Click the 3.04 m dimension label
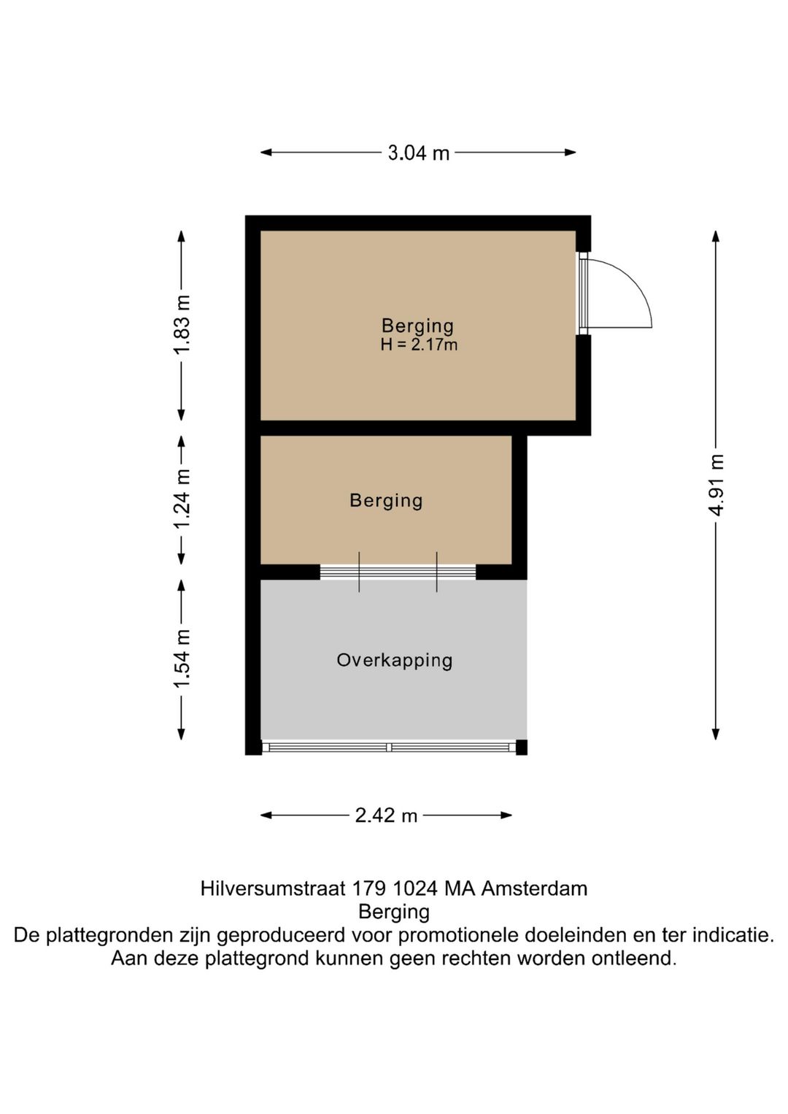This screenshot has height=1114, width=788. point(418,153)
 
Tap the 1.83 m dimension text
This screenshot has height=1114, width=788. point(182,325)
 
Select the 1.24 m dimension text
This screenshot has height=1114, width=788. point(182,500)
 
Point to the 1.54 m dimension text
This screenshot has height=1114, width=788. point(182,658)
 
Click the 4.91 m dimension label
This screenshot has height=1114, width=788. point(716,485)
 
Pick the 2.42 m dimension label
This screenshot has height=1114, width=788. point(386,815)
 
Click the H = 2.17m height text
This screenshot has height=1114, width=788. point(419,345)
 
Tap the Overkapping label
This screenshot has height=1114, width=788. point(394,661)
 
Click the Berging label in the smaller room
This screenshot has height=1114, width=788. point(386,501)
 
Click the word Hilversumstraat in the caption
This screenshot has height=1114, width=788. point(272,888)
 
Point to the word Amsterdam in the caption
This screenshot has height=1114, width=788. point(534,888)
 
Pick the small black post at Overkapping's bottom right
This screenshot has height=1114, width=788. point(521,747)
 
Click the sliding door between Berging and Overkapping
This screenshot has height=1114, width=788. point(398,572)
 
